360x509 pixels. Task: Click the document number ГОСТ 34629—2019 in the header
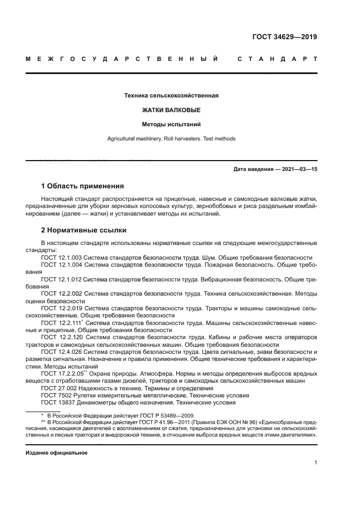[x=285, y=37]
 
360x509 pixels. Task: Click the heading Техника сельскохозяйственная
[x=172, y=96]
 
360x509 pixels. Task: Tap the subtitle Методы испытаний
[x=172, y=124]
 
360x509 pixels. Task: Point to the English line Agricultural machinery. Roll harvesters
[x=172, y=139]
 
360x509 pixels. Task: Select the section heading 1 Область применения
[x=82, y=186]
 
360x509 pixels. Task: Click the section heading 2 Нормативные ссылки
[x=83, y=230]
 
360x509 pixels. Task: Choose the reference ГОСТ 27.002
[x=58, y=388]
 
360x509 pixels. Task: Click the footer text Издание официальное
[x=56, y=452]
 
